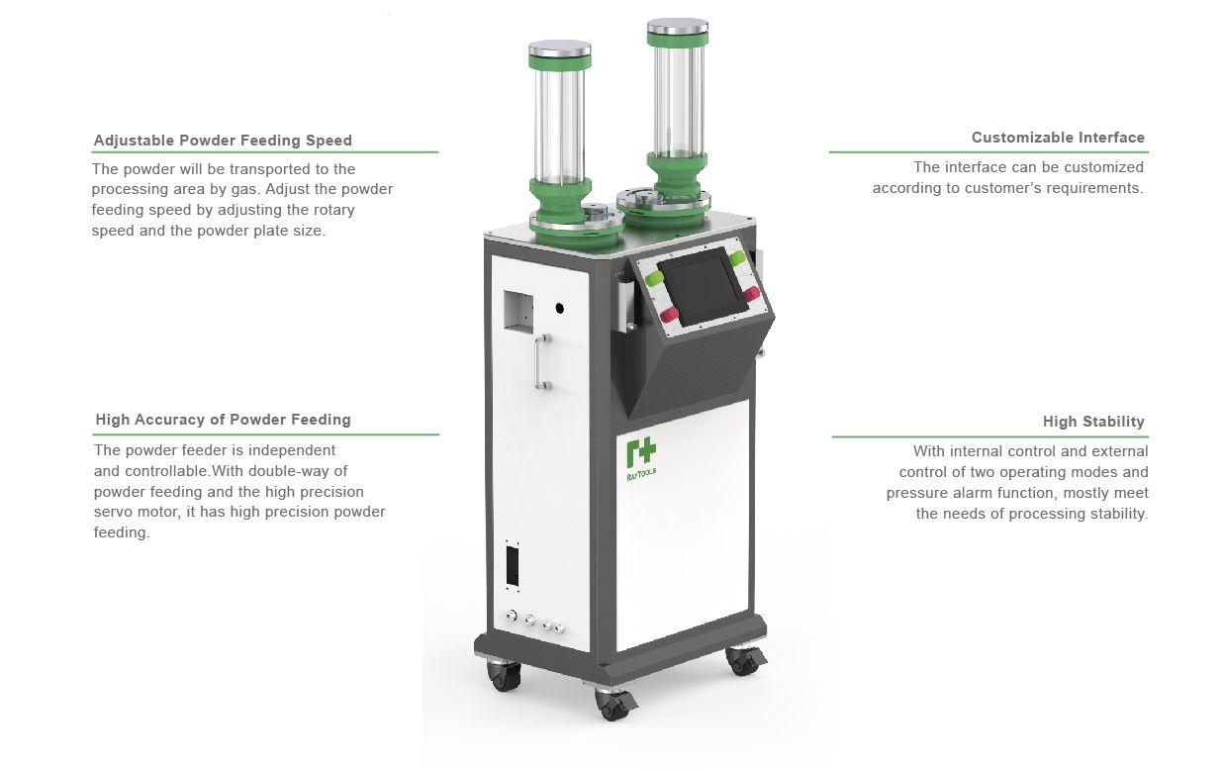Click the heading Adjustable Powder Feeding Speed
(223, 141)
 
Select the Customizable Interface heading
(1058, 138)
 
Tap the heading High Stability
(1093, 422)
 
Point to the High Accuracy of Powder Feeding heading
(223, 420)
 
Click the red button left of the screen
(669, 315)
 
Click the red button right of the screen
(751, 293)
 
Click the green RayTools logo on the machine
(641, 459)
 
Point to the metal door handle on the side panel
(542, 361)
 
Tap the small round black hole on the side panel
(559, 309)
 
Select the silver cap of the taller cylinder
(678, 26)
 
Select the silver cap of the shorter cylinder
(559, 48)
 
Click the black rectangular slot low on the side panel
(513, 565)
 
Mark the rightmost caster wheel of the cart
(744, 660)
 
